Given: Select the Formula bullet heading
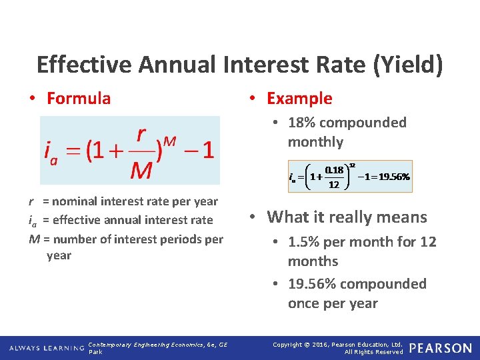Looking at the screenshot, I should [x=79, y=99].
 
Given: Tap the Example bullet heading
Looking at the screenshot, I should [x=299, y=99].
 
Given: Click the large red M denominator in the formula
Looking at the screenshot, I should [x=141, y=171].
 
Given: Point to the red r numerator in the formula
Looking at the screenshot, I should [x=141, y=135].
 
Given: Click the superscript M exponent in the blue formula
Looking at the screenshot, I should [x=169, y=141].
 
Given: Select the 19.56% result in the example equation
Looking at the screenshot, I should [x=393, y=177].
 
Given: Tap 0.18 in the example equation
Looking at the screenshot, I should [x=334, y=171].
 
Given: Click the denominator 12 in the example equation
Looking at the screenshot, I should [x=334, y=185].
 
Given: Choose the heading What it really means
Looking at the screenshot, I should [x=347, y=217].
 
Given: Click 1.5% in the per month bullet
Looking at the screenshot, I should [x=304, y=242].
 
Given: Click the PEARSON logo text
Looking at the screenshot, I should [x=440, y=348].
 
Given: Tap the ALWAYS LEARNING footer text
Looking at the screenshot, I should [x=46, y=348].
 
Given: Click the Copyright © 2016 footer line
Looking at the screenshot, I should [x=338, y=344].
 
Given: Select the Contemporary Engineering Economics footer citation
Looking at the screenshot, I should [x=157, y=345].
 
